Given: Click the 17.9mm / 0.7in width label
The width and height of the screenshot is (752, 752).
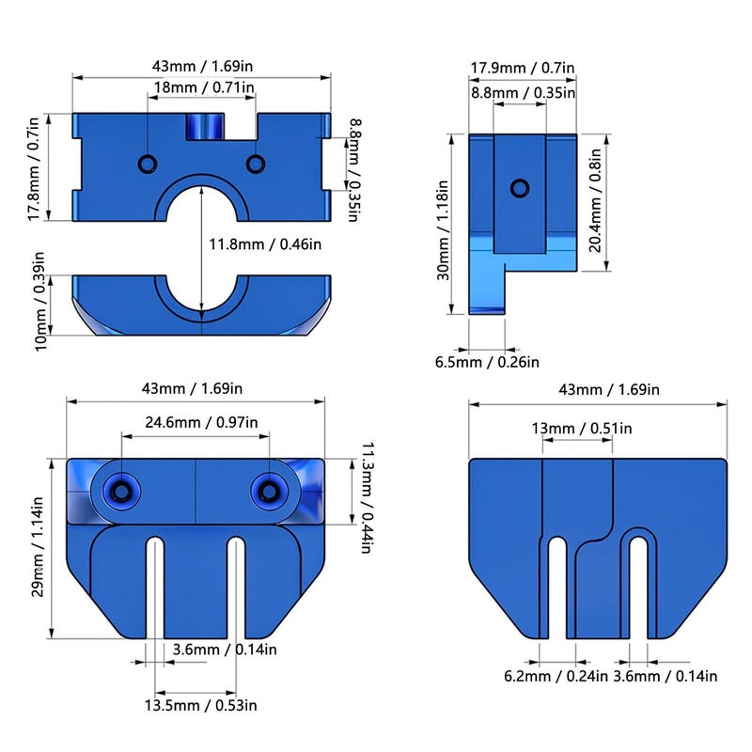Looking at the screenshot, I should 523,68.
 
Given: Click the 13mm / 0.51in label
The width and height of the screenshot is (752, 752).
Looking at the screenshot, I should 581,429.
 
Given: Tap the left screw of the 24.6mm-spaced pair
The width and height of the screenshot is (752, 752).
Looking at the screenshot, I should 121,489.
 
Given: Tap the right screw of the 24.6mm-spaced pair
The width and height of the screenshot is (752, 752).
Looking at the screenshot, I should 271,489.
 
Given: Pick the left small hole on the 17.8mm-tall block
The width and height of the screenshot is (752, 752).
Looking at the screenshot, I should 148,164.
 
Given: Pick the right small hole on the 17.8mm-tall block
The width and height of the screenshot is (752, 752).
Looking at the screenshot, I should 255,164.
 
